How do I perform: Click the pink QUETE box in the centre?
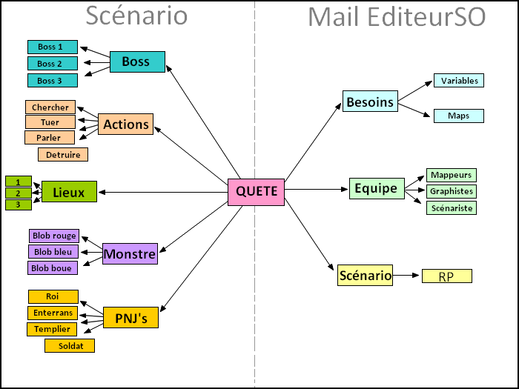click(x=256, y=192)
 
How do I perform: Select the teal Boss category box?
click(x=137, y=61)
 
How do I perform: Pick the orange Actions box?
click(x=126, y=124)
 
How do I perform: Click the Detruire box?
click(x=63, y=154)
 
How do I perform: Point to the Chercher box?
click(x=50, y=107)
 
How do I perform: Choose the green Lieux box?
click(x=69, y=193)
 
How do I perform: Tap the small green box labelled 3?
click(x=18, y=204)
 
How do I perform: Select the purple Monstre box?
click(x=130, y=254)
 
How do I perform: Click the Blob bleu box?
click(x=53, y=252)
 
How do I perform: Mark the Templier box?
click(x=53, y=329)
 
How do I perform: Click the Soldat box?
click(x=70, y=345)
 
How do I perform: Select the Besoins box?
click(x=370, y=102)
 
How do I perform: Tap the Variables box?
click(x=460, y=81)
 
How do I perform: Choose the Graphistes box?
click(x=451, y=191)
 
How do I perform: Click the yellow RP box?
click(x=446, y=276)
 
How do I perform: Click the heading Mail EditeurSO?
click(x=396, y=16)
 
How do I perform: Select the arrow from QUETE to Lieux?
click(x=163, y=193)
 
